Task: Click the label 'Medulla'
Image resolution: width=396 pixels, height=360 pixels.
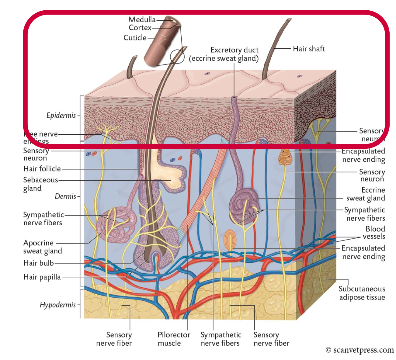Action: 142,19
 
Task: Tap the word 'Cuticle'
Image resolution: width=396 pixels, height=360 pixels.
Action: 135,38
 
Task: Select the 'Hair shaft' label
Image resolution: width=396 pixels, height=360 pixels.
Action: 309,49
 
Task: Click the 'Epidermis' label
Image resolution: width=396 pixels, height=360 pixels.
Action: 61,116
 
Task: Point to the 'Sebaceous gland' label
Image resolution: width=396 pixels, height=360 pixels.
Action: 40,184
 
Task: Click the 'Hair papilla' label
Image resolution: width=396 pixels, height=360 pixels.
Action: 42,277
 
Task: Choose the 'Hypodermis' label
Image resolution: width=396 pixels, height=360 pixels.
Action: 57,305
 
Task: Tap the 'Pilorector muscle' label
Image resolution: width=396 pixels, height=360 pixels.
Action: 174,339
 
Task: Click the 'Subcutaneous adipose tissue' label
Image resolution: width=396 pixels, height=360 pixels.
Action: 362,293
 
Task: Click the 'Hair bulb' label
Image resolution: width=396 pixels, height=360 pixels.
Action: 38,263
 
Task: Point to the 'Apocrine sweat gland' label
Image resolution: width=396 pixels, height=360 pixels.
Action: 43,247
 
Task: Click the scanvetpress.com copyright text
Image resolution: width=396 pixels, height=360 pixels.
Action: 360,350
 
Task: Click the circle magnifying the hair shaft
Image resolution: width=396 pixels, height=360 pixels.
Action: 177,56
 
